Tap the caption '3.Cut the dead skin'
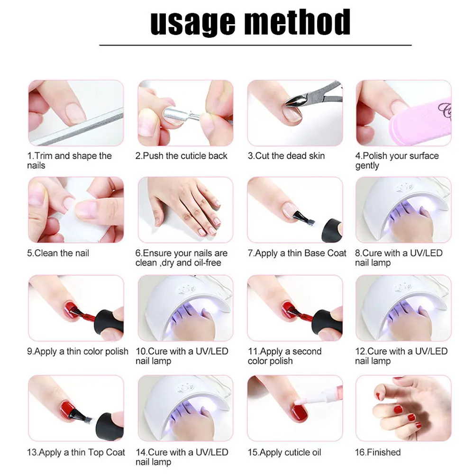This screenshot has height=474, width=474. coord(286,156)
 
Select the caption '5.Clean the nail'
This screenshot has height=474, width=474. coord(58,253)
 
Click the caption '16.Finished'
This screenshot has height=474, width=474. coord(378,452)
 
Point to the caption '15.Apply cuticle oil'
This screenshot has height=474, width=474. coord(284,452)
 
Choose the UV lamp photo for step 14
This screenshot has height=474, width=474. coord(185,408)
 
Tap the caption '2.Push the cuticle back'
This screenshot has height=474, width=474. coord(182,156)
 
